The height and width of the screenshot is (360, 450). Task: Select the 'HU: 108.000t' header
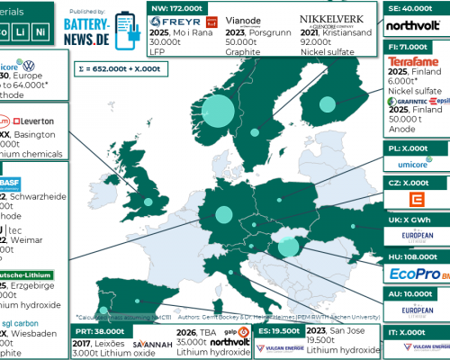(415, 256)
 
